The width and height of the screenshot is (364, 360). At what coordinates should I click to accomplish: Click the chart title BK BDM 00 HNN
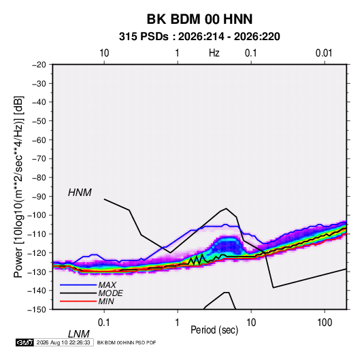[199, 19]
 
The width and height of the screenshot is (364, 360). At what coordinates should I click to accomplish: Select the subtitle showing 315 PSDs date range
[199, 37]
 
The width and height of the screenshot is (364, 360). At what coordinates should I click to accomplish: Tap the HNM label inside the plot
[80, 193]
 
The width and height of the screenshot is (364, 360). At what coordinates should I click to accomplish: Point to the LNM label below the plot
[78, 334]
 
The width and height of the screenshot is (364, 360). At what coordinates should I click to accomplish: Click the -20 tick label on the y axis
[39, 65]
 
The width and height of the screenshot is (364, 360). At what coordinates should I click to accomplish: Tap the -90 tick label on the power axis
[39, 197]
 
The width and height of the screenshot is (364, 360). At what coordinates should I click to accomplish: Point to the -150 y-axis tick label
[37, 310]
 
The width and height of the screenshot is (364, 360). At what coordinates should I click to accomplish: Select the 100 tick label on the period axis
[325, 323]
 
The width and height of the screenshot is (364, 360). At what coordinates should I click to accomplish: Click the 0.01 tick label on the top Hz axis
[324, 53]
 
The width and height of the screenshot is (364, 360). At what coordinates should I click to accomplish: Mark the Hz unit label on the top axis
[214, 53]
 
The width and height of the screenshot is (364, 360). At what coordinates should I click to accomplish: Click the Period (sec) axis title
[214, 330]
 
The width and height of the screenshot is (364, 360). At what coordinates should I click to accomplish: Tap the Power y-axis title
[18, 187]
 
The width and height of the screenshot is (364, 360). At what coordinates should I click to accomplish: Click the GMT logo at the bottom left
[25, 342]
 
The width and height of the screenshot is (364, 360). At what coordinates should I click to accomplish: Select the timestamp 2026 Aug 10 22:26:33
[63, 342]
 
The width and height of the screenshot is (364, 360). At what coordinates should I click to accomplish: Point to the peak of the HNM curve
[226, 208]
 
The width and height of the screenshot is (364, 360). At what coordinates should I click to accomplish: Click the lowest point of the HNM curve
[274, 288]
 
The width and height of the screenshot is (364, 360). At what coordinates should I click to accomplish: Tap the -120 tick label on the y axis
[37, 253]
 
